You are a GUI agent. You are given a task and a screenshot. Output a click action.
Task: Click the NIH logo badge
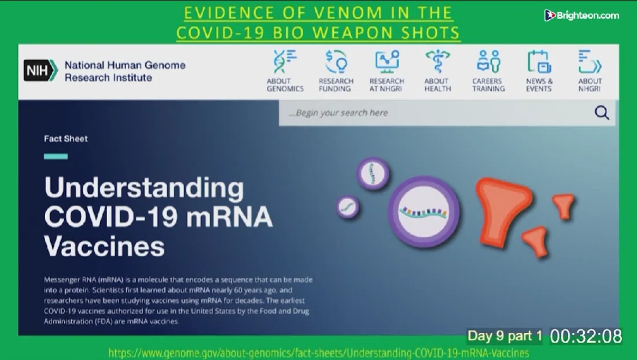40,70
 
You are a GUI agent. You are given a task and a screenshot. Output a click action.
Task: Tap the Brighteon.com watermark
581,16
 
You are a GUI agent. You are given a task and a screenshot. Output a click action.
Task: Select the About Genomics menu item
285,71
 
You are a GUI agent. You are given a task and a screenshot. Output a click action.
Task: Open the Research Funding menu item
336,71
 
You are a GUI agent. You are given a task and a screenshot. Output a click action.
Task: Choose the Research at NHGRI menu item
386,71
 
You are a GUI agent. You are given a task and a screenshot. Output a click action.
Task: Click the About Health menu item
437,71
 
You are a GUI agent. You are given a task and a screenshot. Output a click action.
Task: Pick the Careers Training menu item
488,71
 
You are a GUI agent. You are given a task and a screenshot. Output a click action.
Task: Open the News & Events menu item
539,71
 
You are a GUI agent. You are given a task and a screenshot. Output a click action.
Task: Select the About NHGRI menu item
590,71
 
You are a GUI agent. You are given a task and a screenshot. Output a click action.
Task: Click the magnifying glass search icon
602,112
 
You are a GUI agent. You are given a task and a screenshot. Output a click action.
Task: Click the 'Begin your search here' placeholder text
338,112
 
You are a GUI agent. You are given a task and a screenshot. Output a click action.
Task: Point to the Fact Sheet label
66,138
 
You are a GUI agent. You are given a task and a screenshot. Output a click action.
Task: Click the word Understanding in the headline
144,188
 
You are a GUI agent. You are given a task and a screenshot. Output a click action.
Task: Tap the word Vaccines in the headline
104,246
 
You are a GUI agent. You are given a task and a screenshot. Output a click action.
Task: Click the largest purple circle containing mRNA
424,212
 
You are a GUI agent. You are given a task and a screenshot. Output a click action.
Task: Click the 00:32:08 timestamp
586,336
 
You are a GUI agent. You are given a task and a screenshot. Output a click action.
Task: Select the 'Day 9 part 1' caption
505,336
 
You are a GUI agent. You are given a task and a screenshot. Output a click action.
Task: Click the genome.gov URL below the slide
318,352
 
